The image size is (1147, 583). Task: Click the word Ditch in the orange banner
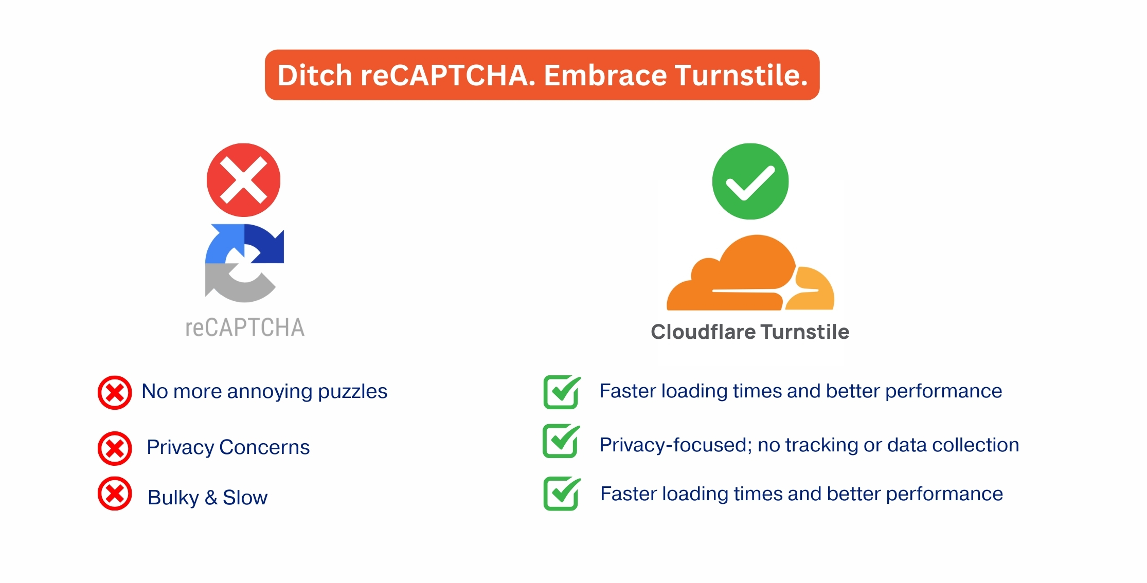click(x=315, y=75)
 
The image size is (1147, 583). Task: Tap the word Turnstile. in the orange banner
click(x=741, y=75)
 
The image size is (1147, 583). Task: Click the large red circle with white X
click(x=243, y=180)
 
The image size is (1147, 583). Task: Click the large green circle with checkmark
click(x=750, y=181)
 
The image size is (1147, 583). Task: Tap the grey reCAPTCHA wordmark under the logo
click(x=245, y=327)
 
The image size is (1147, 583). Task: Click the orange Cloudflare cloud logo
click(x=750, y=273)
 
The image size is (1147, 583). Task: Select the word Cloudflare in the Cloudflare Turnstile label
click(x=703, y=332)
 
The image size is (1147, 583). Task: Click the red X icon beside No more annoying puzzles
click(x=115, y=393)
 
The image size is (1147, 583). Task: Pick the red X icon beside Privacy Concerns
click(x=115, y=448)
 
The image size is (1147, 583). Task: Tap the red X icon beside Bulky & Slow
click(x=115, y=494)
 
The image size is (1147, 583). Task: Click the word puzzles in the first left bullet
click(x=352, y=392)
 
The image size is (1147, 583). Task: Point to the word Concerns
click(x=264, y=447)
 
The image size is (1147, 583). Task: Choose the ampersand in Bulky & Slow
click(x=211, y=498)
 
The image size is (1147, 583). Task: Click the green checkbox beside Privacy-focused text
click(x=561, y=441)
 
